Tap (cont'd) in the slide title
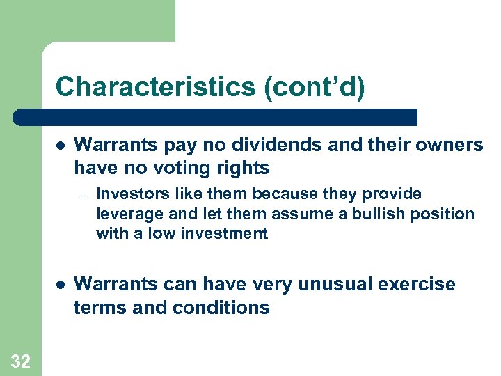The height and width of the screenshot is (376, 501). [319, 87]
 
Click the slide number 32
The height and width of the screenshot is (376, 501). [20, 361]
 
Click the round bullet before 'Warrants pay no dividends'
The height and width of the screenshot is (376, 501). [61, 146]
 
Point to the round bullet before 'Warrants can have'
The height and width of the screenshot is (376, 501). [61, 285]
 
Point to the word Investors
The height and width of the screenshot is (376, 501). [128, 194]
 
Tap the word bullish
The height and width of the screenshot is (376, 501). [379, 214]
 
